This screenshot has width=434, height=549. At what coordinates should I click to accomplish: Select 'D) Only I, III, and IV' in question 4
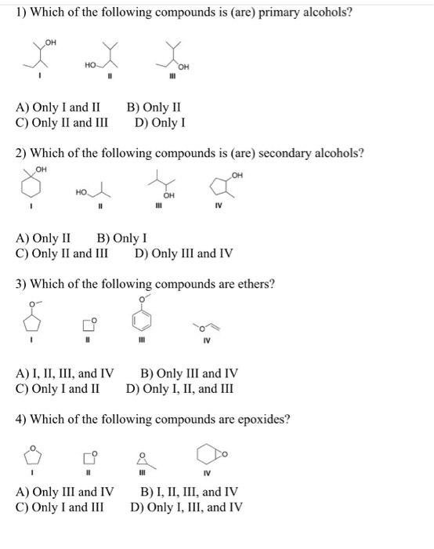tap(186, 507)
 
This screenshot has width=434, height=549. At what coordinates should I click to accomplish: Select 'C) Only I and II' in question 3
tap(58, 387)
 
